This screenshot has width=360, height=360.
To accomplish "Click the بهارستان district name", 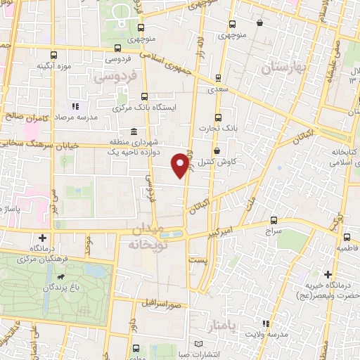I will click(x=281, y=67).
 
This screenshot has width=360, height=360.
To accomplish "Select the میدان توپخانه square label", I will click(x=146, y=237).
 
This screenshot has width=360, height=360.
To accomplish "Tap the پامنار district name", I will click(x=223, y=326).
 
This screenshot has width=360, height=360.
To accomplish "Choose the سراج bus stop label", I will click(x=274, y=229).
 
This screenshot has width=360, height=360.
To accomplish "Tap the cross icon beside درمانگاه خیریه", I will click(x=327, y=274).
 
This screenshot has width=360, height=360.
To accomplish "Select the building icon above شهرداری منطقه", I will click(x=134, y=131).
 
